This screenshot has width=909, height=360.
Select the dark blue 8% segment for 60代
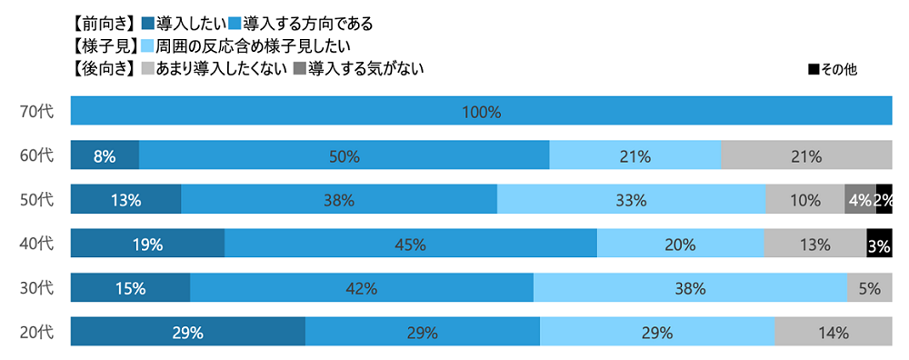(105, 155)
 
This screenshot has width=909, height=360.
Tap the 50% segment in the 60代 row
(344, 155)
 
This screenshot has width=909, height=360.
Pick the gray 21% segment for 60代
(805, 155)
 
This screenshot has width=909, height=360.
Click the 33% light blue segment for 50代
(631, 200)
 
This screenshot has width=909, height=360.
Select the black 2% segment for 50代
(884, 200)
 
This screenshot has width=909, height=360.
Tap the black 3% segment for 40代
(879, 244)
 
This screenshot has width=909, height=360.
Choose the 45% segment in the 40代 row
(410, 244)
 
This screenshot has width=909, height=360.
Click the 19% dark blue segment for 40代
(147, 244)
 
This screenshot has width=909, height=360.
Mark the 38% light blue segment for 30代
(690, 288)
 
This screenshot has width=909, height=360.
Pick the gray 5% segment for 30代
(869, 288)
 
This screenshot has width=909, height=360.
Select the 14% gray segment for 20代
(833, 332)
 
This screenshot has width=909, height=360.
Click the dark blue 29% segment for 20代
(187, 332)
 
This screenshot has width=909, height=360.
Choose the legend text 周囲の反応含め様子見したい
(245, 45)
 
